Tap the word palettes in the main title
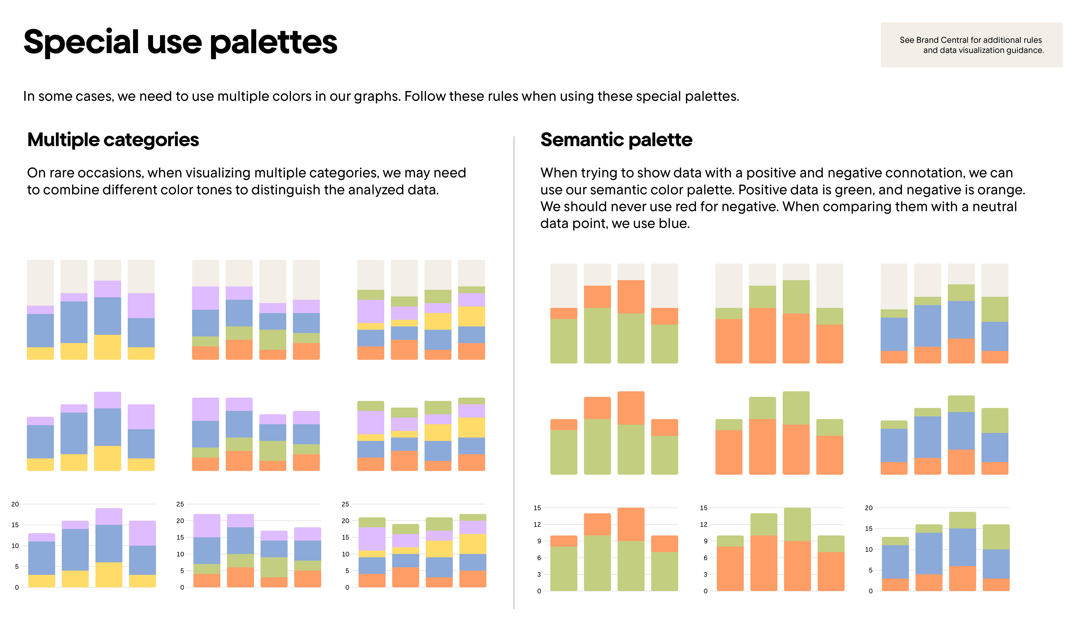pyautogui.click(x=274, y=42)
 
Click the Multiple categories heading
pyautogui.click(x=113, y=140)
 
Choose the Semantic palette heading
pyautogui.click(x=616, y=140)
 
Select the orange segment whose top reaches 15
pyautogui.click(x=631, y=524)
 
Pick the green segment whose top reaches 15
pyautogui.click(x=796, y=524)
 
